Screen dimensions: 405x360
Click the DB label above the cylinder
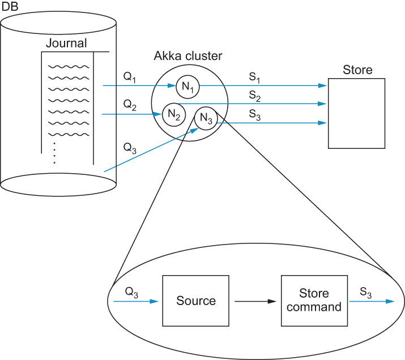coord(10,6)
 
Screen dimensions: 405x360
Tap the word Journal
coord(66,44)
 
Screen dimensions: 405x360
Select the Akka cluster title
coord(188,55)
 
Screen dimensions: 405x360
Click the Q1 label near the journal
coord(129,77)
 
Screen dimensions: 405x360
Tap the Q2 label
coord(130,105)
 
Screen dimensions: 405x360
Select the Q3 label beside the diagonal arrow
coord(130,148)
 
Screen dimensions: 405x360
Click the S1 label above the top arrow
coord(254,78)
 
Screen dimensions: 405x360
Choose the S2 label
coord(255,96)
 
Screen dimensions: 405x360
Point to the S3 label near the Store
coord(255,115)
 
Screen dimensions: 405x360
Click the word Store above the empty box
coord(357,70)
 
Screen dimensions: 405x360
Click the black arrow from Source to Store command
coord(255,301)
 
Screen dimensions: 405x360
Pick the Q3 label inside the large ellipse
coord(131,292)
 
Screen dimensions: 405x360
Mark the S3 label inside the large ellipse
coord(366,293)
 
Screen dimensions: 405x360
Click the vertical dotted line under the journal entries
coord(54,153)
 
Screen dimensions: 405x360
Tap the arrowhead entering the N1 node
coord(172,85)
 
